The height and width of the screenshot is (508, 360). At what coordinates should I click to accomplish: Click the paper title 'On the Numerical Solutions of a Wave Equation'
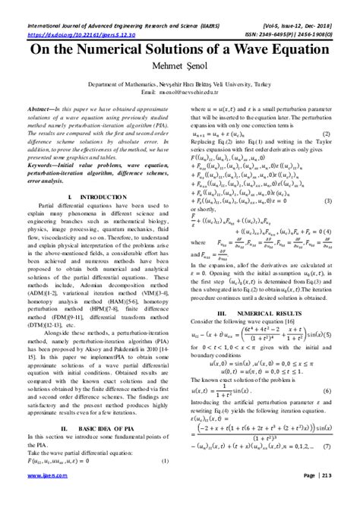(x=180, y=49)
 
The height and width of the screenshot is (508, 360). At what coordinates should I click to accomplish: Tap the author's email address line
(x=180, y=91)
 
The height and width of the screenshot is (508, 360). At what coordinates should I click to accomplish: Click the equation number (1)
(x=167, y=461)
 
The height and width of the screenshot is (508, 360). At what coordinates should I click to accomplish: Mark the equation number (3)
(x=327, y=200)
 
